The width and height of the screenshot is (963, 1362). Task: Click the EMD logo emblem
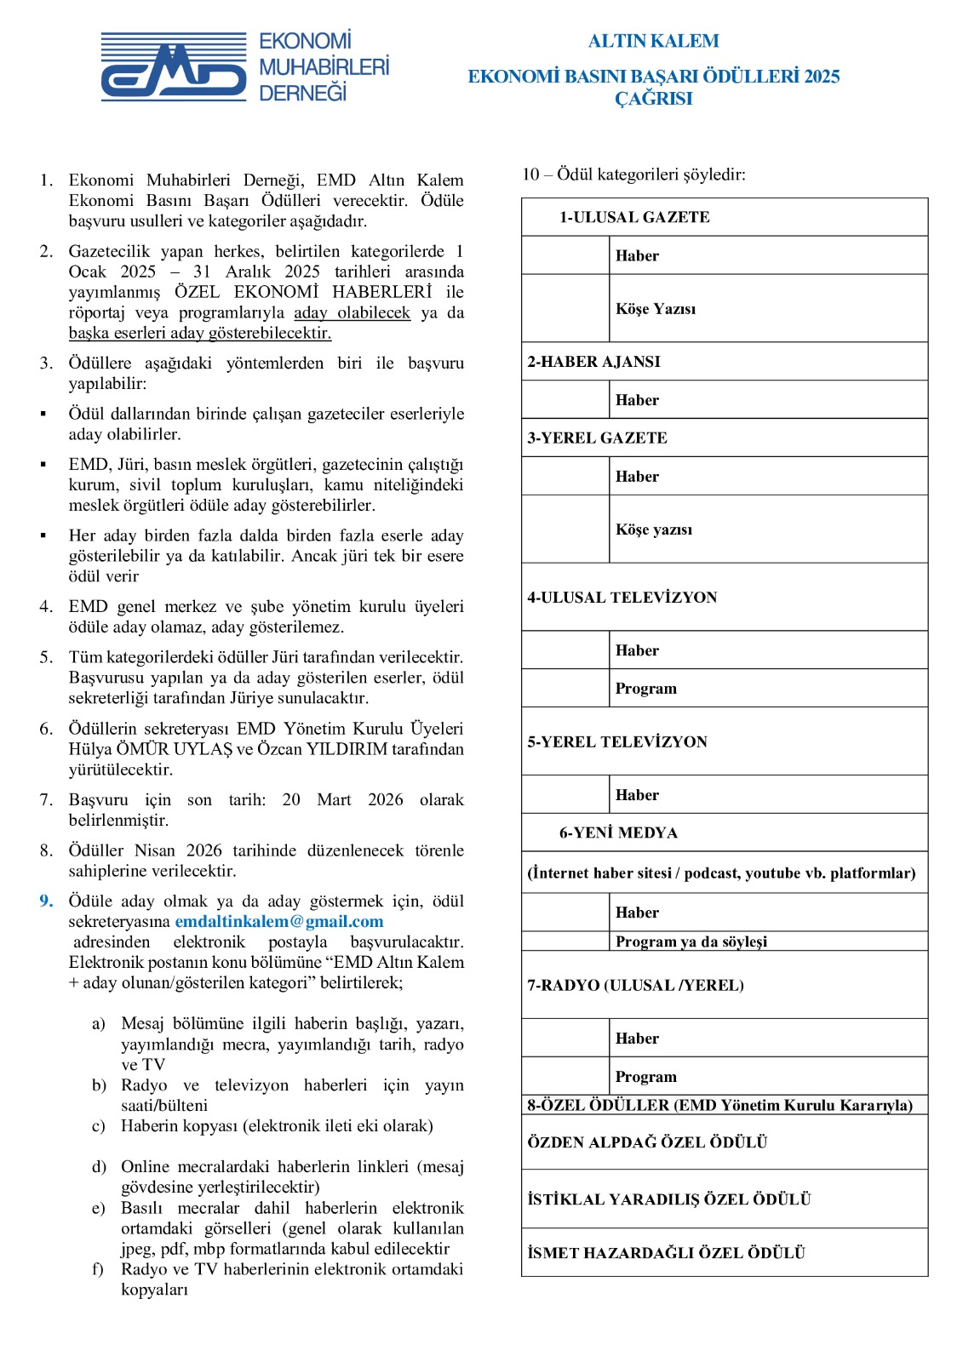(x=174, y=67)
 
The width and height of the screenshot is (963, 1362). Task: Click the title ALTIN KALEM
(x=653, y=41)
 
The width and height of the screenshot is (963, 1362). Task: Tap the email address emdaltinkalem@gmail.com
(x=279, y=922)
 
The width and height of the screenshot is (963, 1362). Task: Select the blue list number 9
(x=46, y=901)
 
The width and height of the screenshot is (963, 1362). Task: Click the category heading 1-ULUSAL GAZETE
(x=634, y=217)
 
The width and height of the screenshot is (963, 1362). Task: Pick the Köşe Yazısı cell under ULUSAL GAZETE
(x=656, y=308)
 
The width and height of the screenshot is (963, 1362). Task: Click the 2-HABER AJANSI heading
(x=593, y=362)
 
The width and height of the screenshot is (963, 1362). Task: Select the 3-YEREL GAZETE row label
(x=597, y=438)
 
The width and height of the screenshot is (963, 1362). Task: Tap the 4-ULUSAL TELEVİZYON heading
(x=622, y=598)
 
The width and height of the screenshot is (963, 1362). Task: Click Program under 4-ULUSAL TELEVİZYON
(x=646, y=689)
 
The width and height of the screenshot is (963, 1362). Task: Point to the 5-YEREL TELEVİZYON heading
(x=617, y=742)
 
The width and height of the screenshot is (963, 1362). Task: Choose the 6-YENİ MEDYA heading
(x=618, y=833)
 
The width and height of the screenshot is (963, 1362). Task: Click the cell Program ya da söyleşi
(x=691, y=941)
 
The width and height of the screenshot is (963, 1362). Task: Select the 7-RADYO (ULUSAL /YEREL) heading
(x=635, y=986)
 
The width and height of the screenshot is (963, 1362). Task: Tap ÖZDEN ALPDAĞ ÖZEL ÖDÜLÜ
(x=647, y=1142)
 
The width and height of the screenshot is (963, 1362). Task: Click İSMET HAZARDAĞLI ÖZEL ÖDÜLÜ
(x=666, y=1253)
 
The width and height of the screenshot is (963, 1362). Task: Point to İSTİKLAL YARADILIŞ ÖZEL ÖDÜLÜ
(x=668, y=1199)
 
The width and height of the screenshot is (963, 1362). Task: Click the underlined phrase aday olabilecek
(x=352, y=312)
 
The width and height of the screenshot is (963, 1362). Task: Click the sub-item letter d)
(x=99, y=1166)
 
